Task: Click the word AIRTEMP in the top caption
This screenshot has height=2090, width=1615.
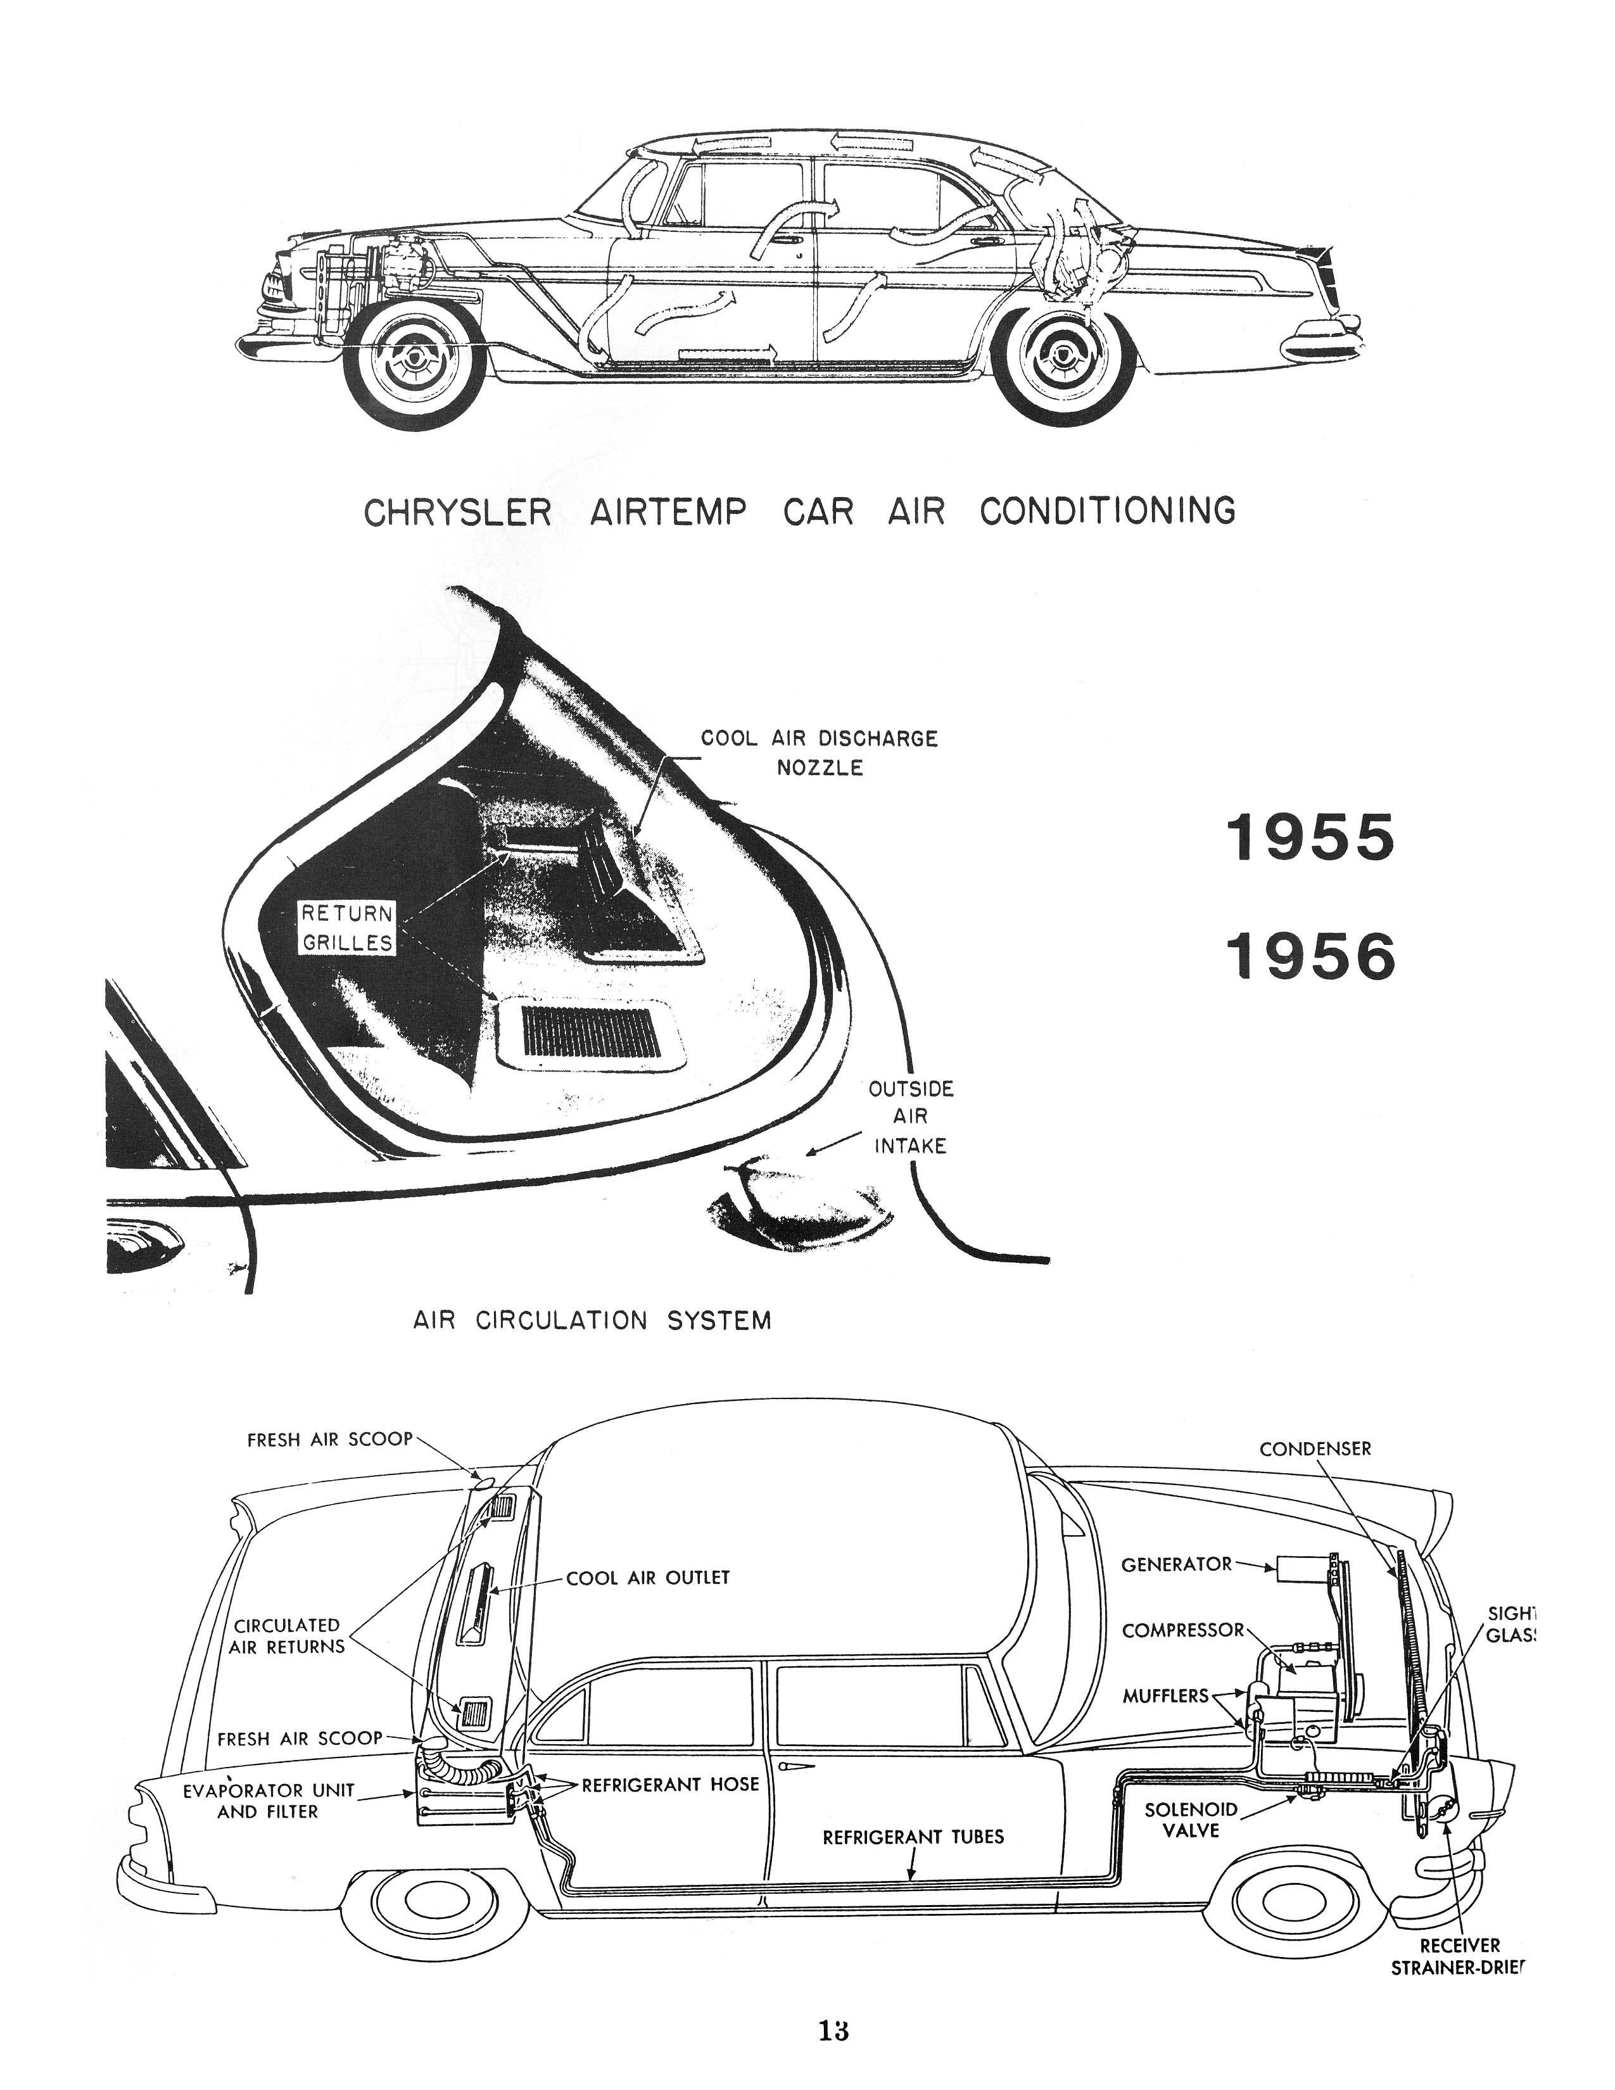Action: (x=667, y=512)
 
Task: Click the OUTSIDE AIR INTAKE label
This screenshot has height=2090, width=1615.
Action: (x=911, y=1117)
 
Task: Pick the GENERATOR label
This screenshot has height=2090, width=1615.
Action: (x=1177, y=1564)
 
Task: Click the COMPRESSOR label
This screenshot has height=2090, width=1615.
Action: (x=1182, y=1630)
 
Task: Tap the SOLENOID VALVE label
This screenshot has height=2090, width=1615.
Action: (x=1191, y=1819)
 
